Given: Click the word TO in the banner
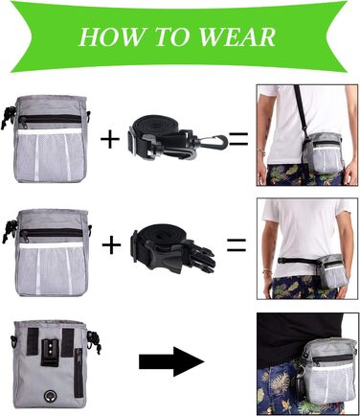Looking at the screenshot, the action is click(173, 36).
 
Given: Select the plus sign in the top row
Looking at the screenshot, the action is click(110, 139).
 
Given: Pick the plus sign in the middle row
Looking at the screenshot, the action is click(111, 244).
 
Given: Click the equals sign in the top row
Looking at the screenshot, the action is click(238, 139).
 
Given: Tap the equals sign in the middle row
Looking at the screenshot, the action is click(236, 244).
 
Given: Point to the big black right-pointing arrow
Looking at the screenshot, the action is click(171, 361).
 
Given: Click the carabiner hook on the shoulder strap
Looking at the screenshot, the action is click(218, 142).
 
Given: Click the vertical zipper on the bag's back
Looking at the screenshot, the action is click(78, 372).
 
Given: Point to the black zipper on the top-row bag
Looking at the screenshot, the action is click(51, 120).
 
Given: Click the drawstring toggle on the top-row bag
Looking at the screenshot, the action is click(7, 119).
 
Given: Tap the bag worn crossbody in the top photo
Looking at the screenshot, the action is click(323, 152).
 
